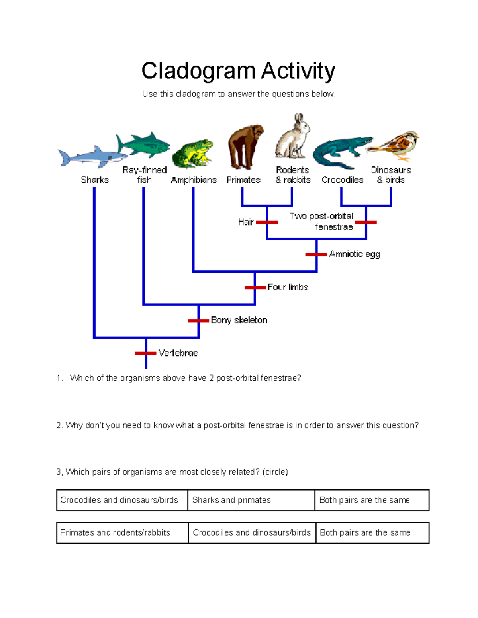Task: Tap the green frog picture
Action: point(193,153)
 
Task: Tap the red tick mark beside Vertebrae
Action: point(145,353)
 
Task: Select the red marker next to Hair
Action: point(266,222)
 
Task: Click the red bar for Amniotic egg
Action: point(316,254)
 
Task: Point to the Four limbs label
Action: point(288,287)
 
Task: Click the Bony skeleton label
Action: point(239,320)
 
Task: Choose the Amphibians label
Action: point(194,180)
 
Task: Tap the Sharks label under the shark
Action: point(95,180)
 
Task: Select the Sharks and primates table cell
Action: point(251,500)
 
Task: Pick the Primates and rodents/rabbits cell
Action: point(122,533)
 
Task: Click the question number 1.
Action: point(60,378)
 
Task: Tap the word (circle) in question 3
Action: point(275,472)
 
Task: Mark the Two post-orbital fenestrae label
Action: point(322,221)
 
